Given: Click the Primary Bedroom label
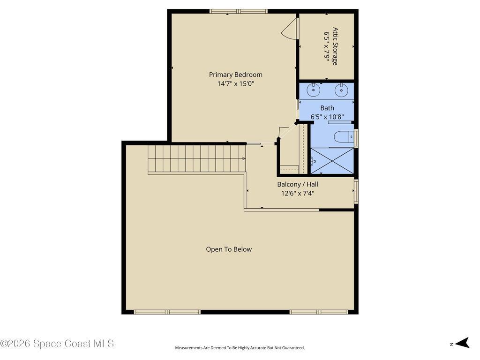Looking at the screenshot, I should point(235,75).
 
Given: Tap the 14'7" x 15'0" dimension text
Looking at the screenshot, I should point(235,84).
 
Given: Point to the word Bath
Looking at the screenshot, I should point(327,108).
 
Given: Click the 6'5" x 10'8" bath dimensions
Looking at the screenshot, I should point(327,117).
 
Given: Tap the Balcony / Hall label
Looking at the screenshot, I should point(297,184).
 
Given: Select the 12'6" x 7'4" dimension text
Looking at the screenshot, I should point(297,193).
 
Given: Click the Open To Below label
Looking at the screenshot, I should point(229,249).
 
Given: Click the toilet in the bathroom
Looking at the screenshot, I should point(344,137).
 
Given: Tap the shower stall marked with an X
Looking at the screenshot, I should point(332,161).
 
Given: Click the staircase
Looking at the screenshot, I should point(196,159).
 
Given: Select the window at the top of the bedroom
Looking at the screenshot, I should point(238,11).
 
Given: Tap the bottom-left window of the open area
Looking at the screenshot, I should point(167,312).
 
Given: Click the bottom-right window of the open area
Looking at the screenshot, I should point(319,312).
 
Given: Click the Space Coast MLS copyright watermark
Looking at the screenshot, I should point(57,344).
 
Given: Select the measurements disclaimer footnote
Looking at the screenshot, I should point(240,348).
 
